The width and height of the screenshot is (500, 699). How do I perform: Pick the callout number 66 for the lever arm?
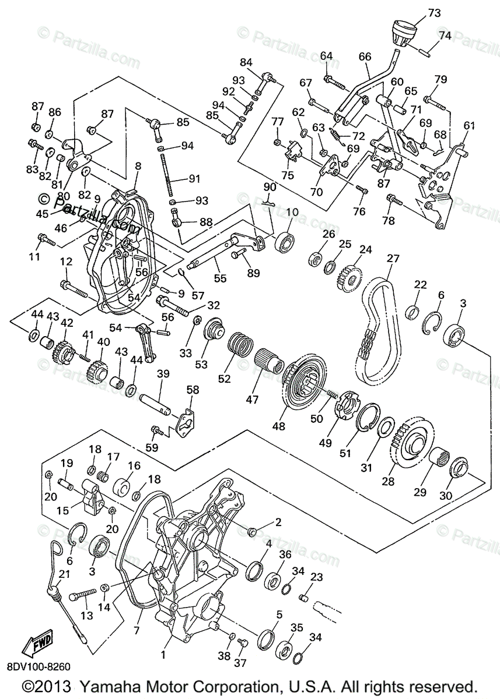(365, 57)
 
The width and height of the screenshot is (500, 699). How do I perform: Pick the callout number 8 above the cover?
(138, 167)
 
